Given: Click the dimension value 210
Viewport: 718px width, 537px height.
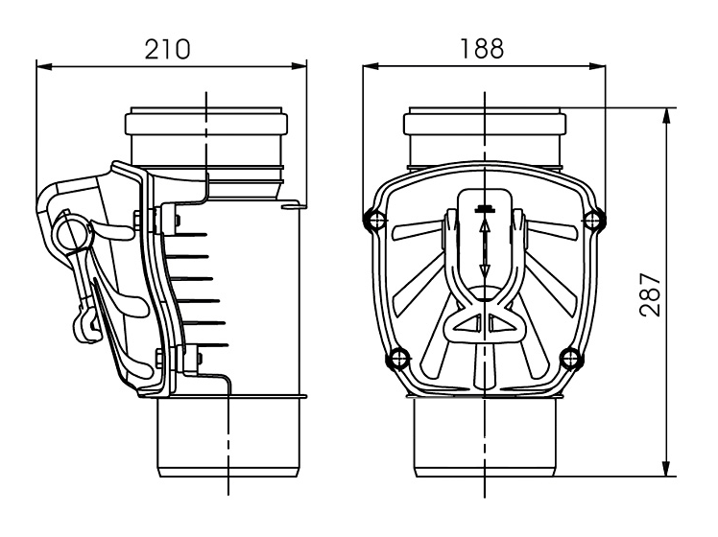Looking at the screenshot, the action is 167,50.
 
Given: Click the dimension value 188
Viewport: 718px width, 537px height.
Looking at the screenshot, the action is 482,49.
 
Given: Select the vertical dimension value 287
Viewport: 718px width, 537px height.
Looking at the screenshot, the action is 651,295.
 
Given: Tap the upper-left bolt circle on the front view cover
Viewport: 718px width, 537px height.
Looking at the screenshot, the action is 374,220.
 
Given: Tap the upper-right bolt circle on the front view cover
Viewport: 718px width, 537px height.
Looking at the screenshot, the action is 594,220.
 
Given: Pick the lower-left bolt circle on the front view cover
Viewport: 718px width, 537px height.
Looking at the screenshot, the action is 398,358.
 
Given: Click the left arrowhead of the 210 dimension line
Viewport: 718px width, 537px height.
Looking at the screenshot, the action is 43,67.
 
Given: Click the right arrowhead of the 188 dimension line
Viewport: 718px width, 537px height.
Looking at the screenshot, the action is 598,67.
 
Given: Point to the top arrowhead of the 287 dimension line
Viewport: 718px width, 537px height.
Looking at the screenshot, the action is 666,117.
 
